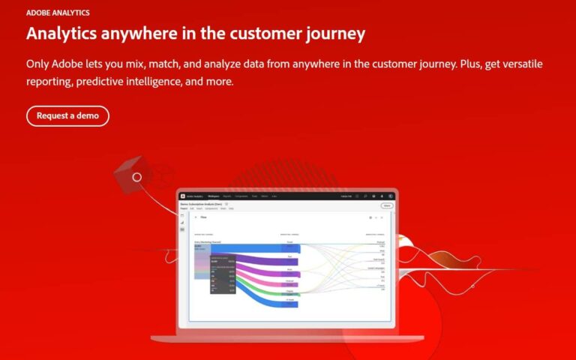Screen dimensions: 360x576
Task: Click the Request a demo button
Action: click(67, 116)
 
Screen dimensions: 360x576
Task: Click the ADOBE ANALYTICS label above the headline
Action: click(58, 13)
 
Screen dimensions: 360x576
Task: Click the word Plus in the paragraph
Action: click(470, 64)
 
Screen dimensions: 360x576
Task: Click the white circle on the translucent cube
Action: click(136, 178)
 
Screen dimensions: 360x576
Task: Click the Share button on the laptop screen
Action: click(387, 205)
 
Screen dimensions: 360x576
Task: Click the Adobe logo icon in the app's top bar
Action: click(181, 196)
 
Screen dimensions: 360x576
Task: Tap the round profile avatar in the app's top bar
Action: click(391, 196)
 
